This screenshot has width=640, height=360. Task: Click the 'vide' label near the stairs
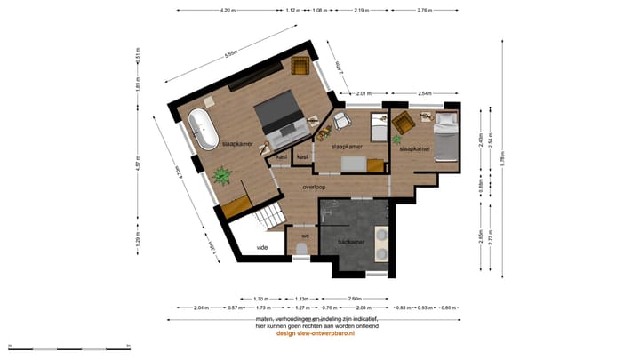click(x=262, y=247)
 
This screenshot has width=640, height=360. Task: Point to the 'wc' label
click(x=304, y=236)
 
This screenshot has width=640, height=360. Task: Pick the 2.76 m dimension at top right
click(x=423, y=10)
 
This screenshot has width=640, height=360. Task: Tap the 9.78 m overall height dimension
click(x=502, y=161)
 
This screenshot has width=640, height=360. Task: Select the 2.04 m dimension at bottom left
click(x=202, y=308)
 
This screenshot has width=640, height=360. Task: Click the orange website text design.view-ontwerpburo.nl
click(x=316, y=334)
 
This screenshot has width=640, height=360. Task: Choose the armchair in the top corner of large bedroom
click(x=300, y=67)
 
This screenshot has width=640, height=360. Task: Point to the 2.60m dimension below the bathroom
click(x=354, y=299)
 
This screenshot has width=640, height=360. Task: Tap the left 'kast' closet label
click(x=282, y=156)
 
